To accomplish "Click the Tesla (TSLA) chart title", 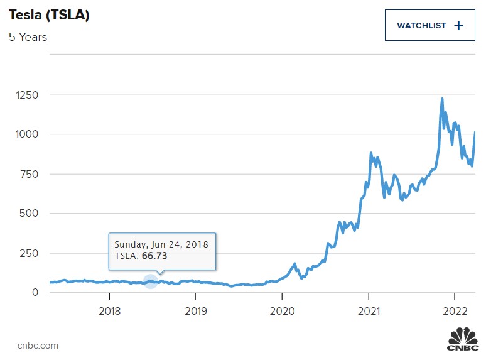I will click(49, 16).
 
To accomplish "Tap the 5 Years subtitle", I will click(28, 37).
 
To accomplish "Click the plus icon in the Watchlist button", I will click(458, 26).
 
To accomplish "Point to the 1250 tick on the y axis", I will click(27, 95).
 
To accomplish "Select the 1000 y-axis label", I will click(27, 134).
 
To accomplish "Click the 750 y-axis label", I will click(30, 174).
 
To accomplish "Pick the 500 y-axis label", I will click(30, 214).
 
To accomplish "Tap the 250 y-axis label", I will click(30, 253).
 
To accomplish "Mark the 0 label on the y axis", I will click(35, 292).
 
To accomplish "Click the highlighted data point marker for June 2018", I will click(150, 281).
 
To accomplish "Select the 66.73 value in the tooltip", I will click(154, 256).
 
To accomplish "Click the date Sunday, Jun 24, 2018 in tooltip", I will click(161, 244).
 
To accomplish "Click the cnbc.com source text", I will click(38, 345).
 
